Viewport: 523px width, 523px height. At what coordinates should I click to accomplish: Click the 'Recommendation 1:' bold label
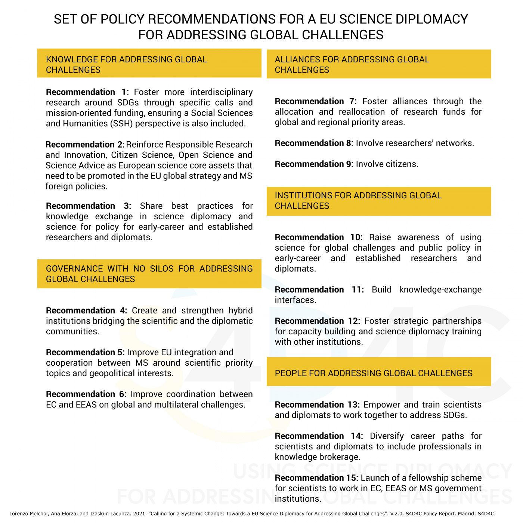coord(87,92)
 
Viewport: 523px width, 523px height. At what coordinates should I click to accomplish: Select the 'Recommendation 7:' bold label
coord(316,102)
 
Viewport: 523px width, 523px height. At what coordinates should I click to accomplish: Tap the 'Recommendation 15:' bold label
coord(316,478)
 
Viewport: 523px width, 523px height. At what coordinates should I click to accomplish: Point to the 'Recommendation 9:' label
coord(314,164)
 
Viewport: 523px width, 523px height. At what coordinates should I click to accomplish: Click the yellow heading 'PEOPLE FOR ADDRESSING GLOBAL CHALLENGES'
coord(374,373)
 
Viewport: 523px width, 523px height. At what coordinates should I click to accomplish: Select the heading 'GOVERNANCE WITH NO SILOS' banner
coord(149,274)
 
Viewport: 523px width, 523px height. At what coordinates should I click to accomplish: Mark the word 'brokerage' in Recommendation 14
coord(341,457)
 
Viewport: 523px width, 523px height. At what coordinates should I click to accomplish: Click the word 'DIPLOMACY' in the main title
coord(431,19)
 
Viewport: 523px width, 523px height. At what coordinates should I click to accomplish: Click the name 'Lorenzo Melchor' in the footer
coord(25,514)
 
